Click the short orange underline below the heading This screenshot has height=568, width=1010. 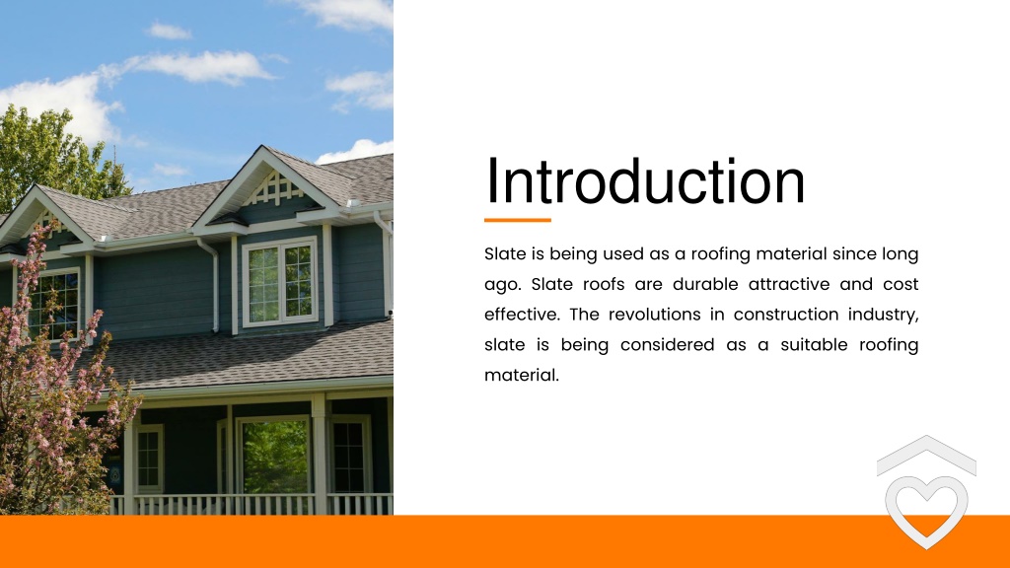[518, 220]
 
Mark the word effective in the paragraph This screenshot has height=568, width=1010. [519, 315]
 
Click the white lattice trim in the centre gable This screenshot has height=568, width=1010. [278, 186]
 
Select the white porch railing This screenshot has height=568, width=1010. [256, 504]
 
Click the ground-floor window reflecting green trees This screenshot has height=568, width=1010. [275, 456]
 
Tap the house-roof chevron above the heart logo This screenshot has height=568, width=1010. [925, 454]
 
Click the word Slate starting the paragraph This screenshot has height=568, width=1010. [505, 254]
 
